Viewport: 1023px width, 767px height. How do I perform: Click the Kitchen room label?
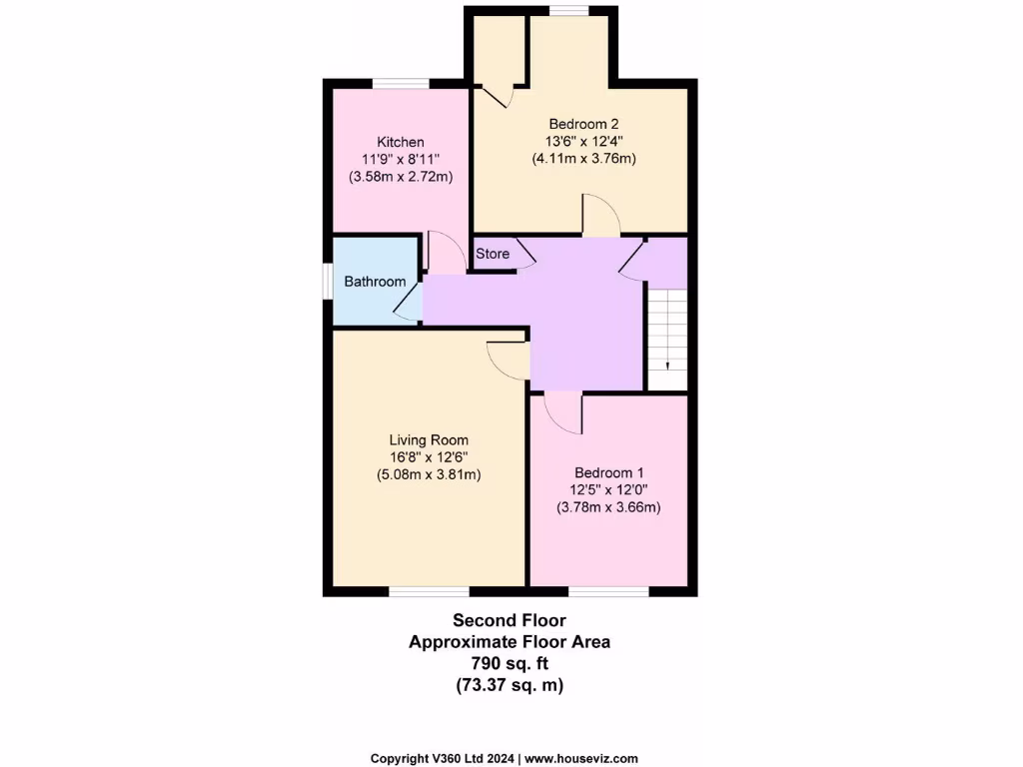[x=400, y=142]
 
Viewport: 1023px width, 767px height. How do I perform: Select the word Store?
[x=493, y=254]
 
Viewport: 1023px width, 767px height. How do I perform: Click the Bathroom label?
[x=375, y=282]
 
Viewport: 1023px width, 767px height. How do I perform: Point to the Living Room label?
[x=429, y=439]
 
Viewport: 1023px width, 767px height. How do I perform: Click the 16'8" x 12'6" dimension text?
[x=429, y=457]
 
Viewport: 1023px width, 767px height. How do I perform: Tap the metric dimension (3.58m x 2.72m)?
[x=400, y=177]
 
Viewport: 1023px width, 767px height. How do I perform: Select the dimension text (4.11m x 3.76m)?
[x=583, y=158]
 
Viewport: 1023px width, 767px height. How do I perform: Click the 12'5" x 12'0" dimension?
[x=608, y=489]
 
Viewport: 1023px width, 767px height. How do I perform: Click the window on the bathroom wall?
[x=327, y=282]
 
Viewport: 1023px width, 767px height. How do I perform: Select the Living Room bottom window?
[x=429, y=591]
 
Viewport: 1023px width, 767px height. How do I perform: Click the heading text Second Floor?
[x=510, y=621]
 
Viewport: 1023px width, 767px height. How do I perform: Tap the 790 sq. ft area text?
[x=510, y=663]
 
